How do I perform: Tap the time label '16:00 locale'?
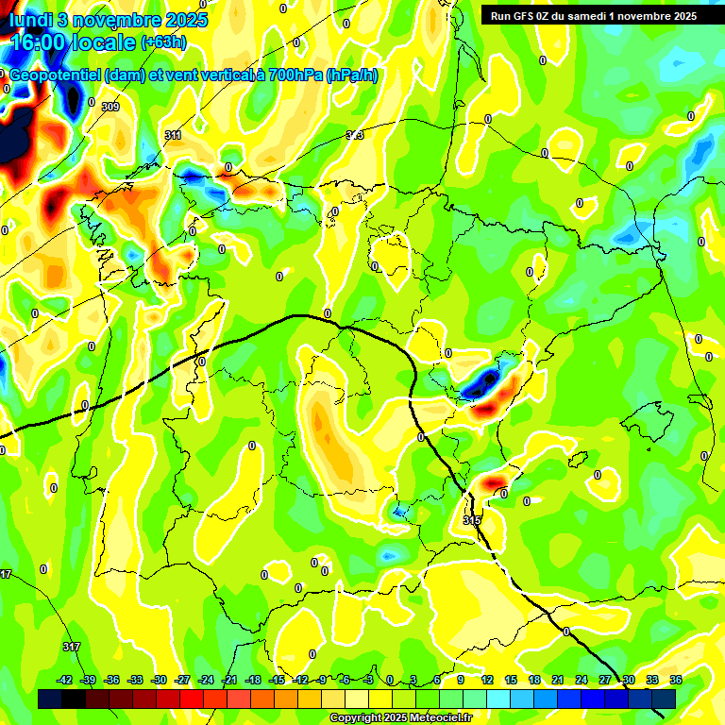(x=71, y=42)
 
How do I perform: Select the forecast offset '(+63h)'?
(x=163, y=42)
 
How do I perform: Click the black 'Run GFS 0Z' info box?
(x=589, y=15)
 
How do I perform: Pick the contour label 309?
(x=110, y=107)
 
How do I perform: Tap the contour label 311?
(x=173, y=136)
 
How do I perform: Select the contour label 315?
(x=473, y=520)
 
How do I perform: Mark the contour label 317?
(x=71, y=647)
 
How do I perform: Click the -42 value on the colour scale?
(x=65, y=680)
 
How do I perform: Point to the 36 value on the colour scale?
(x=676, y=680)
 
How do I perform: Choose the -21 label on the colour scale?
(x=229, y=680)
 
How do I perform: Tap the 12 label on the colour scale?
(x=487, y=680)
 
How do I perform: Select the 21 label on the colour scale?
(x=558, y=680)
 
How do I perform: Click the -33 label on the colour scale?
(x=135, y=680)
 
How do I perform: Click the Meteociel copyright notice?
(x=401, y=718)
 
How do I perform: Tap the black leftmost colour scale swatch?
(x=49, y=699)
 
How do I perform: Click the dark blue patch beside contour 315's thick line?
(x=481, y=381)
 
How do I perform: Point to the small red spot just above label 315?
(x=492, y=482)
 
